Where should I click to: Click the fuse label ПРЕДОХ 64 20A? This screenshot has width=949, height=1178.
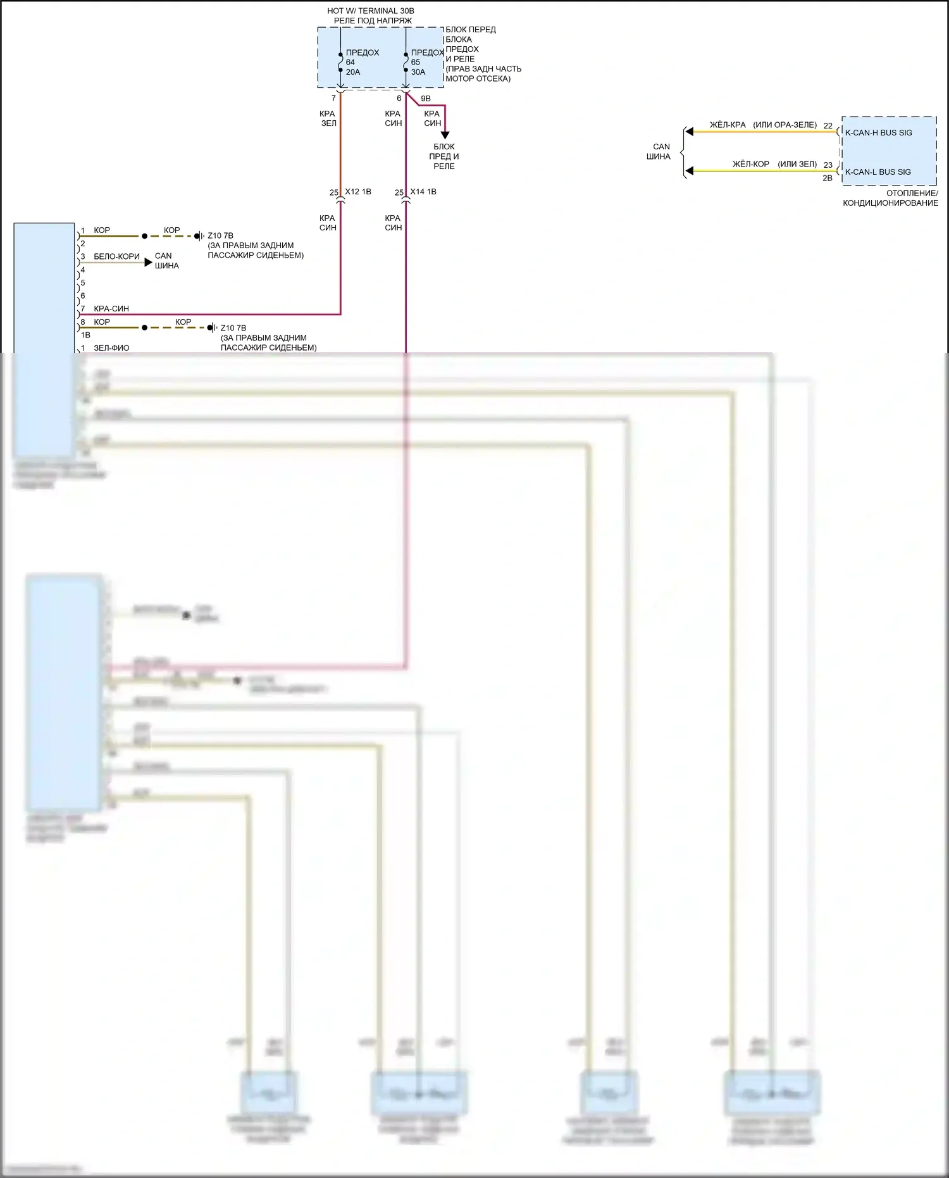361,62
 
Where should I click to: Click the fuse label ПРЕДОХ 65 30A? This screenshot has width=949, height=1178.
426,62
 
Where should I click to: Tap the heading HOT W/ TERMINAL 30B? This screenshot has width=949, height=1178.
370,11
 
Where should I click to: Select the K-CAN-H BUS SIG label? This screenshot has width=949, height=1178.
878,133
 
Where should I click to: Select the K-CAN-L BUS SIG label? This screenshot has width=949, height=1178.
878,172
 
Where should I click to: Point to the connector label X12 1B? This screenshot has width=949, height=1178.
358,192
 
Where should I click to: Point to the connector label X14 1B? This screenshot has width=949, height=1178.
423,192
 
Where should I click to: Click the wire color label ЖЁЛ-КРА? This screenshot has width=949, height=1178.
728,125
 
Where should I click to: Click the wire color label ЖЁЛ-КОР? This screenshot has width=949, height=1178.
750,164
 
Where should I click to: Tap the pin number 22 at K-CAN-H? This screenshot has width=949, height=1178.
828,126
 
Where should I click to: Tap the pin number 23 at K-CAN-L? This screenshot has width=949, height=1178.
828,165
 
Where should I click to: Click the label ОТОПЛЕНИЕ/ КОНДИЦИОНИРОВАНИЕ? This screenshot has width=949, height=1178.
890,198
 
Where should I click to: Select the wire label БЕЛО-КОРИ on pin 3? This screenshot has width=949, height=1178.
116,256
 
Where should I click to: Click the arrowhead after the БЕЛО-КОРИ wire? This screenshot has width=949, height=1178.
149,262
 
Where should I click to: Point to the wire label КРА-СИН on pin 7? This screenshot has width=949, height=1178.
111,309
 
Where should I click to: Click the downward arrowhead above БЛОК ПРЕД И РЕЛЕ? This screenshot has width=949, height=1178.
445,135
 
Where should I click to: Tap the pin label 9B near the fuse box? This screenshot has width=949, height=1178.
426,99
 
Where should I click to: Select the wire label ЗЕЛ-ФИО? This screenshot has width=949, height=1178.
111,348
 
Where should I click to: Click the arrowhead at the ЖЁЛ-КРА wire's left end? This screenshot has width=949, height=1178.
690,132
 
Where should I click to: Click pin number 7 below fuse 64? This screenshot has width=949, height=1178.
333,99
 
